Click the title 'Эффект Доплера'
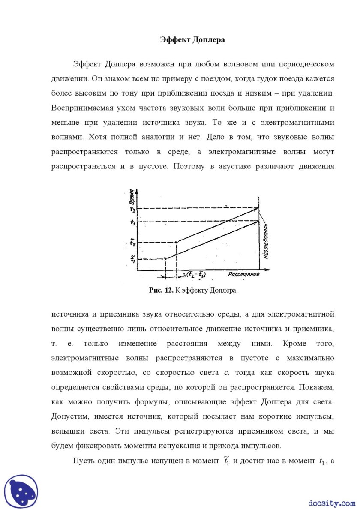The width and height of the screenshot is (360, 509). pyautogui.click(x=192, y=40)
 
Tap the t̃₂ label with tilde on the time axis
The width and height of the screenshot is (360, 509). pyautogui.click(x=133, y=243)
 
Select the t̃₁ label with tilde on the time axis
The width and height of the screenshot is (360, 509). pyautogui.click(x=133, y=258)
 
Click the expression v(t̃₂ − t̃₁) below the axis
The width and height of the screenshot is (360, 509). pyautogui.click(x=199, y=275)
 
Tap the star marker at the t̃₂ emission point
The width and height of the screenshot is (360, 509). pyautogui.click(x=176, y=243)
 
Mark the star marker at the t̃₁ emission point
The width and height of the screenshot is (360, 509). pyautogui.click(x=166, y=258)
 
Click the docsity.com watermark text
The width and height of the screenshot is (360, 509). pyautogui.click(x=331, y=503)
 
